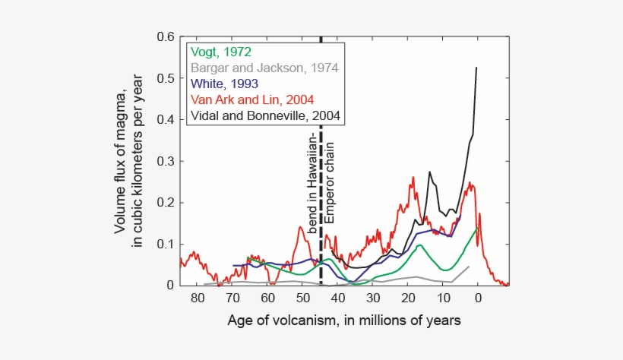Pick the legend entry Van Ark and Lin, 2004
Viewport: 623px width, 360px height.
(x=253, y=99)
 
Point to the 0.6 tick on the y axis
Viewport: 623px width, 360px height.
(x=166, y=37)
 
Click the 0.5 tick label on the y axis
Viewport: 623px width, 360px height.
(x=166, y=78)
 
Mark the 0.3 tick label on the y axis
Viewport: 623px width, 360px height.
(x=166, y=161)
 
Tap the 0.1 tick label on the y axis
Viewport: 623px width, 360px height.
(x=166, y=244)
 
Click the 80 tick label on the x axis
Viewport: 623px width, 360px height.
(x=198, y=298)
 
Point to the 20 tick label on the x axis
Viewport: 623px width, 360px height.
(x=408, y=298)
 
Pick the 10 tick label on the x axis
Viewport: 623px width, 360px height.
(x=443, y=298)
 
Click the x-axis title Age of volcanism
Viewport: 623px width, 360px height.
(x=343, y=321)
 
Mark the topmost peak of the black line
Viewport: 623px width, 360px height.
(x=476, y=68)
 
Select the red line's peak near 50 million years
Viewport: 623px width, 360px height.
(x=301, y=226)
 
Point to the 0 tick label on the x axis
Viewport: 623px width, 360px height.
(x=478, y=298)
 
